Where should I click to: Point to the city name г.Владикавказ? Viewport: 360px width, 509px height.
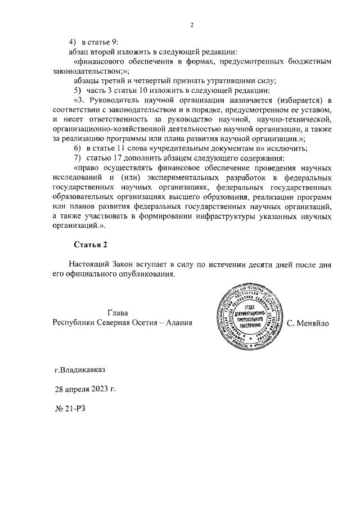click(79, 371)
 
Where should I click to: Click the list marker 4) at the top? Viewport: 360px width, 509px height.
click(72, 42)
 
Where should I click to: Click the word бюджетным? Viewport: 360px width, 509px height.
click(306, 61)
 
